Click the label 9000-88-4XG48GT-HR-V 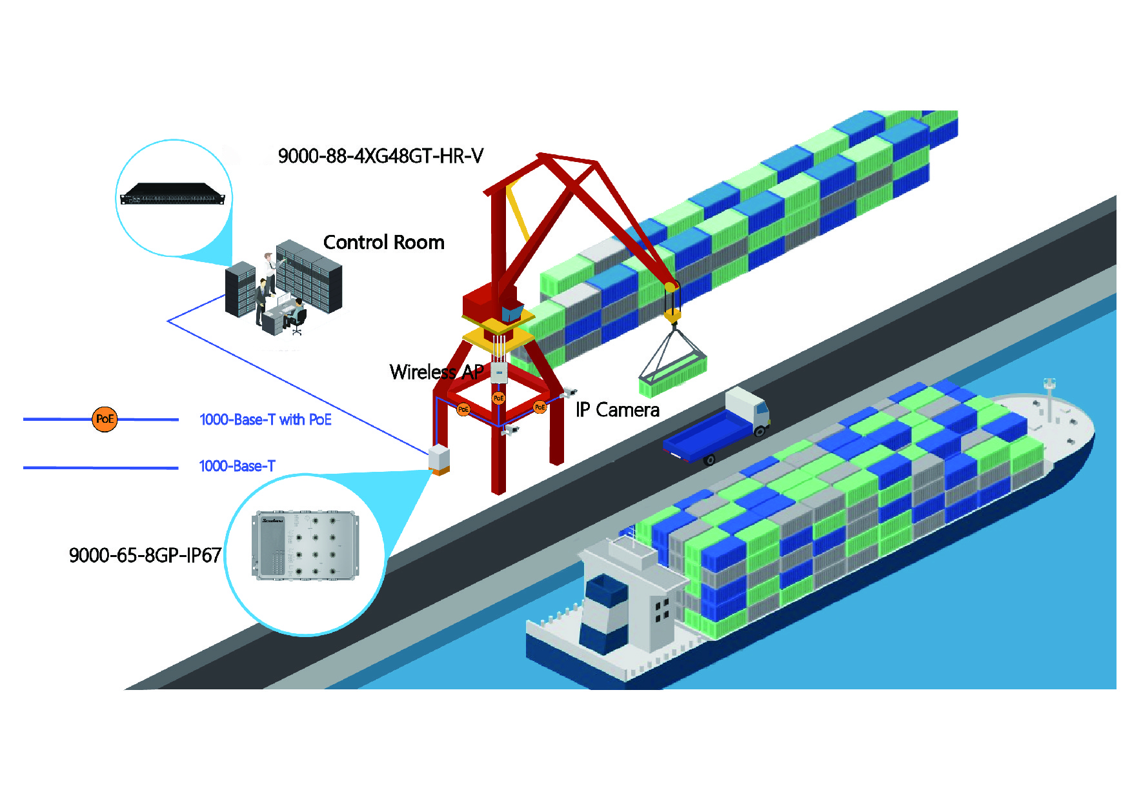[380, 156]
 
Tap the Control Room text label [383, 243]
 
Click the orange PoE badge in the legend [105, 420]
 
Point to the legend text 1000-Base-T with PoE [265, 420]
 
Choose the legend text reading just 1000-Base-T [237, 466]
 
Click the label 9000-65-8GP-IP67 [145, 556]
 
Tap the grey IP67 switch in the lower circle [305, 546]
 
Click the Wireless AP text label [436, 372]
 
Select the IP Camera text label [617, 411]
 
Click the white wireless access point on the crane [499, 372]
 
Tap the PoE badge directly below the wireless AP [498, 398]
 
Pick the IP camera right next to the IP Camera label [569, 392]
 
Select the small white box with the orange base [439, 459]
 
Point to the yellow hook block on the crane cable [672, 315]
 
